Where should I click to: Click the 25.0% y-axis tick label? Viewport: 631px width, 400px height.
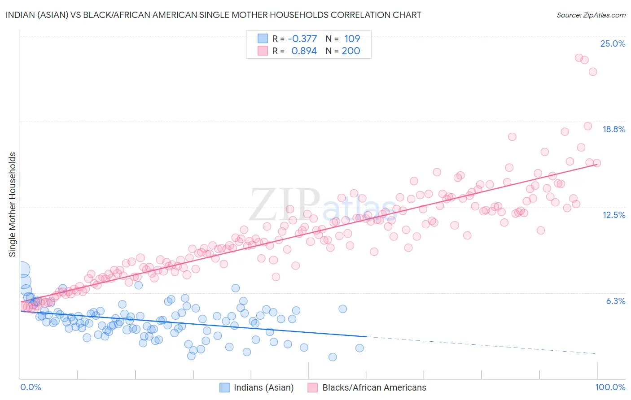click(x=613, y=43)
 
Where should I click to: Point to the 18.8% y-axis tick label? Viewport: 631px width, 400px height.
click(x=613, y=129)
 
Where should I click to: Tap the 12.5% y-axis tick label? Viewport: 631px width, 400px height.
click(x=613, y=215)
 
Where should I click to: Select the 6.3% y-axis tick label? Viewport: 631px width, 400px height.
click(x=615, y=301)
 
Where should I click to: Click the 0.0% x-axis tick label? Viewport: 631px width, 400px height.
click(x=31, y=387)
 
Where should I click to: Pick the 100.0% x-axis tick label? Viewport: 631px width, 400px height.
click(x=610, y=387)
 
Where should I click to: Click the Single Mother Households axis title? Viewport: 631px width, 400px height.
click(x=13, y=204)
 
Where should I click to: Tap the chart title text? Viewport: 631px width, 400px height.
click(x=213, y=15)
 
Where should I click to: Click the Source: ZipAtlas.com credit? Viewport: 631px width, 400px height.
click(x=591, y=15)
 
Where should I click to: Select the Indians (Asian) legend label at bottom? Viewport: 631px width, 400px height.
click(x=263, y=387)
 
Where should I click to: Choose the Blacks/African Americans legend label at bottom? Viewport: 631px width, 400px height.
click(x=374, y=387)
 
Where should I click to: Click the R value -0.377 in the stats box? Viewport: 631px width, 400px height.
click(x=302, y=39)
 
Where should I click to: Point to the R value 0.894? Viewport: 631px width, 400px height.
click(x=304, y=51)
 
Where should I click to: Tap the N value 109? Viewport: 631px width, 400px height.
click(x=352, y=39)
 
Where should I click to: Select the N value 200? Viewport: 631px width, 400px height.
click(x=351, y=51)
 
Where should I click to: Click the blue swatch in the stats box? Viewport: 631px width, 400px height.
click(x=263, y=39)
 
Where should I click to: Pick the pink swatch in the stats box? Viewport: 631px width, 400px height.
click(x=263, y=51)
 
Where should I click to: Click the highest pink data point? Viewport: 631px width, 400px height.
click(x=579, y=58)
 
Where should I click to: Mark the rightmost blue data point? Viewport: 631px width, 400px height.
click(x=359, y=348)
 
